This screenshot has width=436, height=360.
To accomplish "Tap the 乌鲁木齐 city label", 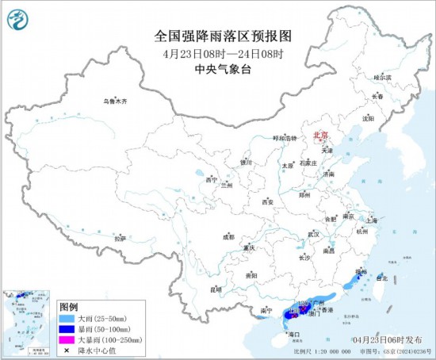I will [114, 101].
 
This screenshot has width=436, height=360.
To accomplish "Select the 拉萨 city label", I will [120, 238].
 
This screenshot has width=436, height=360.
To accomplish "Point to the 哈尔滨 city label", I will [383, 78].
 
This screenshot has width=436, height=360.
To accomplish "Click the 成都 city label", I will [228, 236].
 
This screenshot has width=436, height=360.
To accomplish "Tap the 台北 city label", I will [382, 279].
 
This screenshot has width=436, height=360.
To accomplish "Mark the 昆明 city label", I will [216, 289].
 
